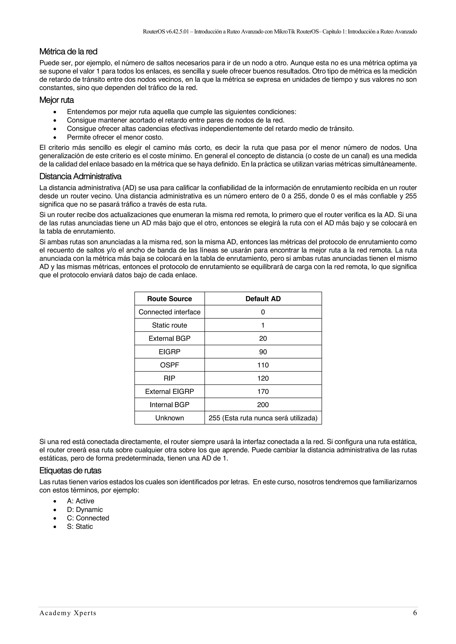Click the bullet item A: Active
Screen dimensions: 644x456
tap(81, 501)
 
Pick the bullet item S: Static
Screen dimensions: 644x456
tap(80, 527)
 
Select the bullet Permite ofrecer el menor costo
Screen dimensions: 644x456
tap(115, 137)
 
